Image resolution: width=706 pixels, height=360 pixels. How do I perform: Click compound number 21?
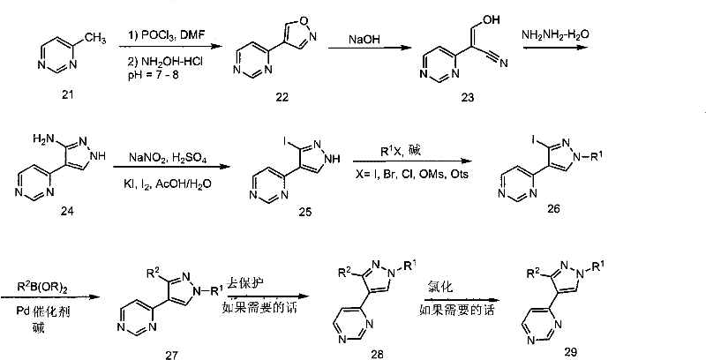click(68, 94)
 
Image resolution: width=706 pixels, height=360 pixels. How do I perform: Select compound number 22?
click(282, 97)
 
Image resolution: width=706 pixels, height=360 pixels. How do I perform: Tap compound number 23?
click(469, 97)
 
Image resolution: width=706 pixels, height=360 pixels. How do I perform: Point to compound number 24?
click(67, 211)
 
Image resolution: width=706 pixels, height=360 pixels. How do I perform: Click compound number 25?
click(304, 212)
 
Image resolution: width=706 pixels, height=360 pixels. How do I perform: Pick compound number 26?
click(553, 209)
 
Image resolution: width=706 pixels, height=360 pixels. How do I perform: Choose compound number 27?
click(172, 355)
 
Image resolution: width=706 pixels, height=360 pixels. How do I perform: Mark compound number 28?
click(377, 354)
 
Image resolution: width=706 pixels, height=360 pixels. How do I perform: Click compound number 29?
click(570, 352)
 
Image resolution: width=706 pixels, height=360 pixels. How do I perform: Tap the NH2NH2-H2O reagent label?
click(555, 35)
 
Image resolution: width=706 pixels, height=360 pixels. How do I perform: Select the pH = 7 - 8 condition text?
click(153, 74)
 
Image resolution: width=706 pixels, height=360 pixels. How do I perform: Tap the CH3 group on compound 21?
click(95, 40)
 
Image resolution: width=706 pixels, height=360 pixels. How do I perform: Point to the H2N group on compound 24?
click(41, 139)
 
